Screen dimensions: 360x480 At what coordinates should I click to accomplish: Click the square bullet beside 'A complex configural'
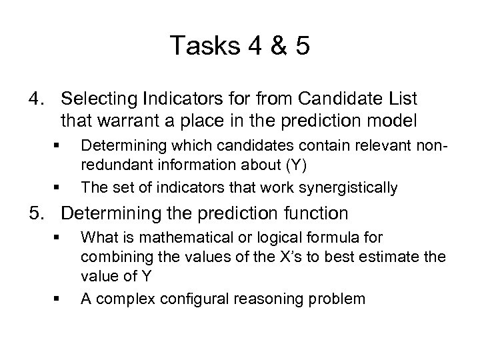click(x=59, y=299)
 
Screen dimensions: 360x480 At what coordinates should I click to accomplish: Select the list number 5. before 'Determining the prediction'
click(x=36, y=214)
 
